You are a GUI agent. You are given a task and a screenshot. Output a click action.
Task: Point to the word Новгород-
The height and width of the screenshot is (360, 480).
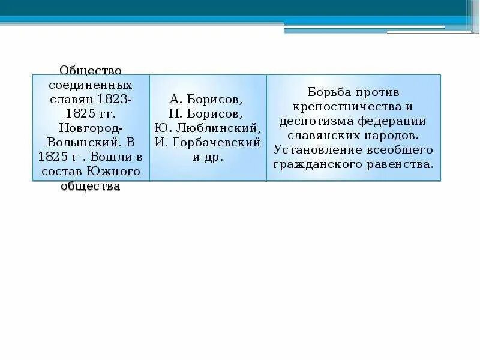pyautogui.click(x=91, y=128)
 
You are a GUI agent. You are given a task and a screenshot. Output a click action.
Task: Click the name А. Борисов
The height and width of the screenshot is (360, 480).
pyautogui.click(x=208, y=99)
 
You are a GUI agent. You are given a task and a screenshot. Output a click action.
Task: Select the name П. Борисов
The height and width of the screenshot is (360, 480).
pyautogui.click(x=208, y=113)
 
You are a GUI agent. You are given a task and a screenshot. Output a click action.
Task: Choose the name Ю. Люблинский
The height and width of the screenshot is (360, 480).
pyautogui.click(x=208, y=128)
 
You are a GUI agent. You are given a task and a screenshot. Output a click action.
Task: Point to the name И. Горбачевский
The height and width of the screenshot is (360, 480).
pyautogui.click(x=208, y=143)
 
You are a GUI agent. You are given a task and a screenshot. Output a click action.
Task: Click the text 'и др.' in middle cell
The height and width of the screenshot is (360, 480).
pyautogui.click(x=208, y=157)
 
